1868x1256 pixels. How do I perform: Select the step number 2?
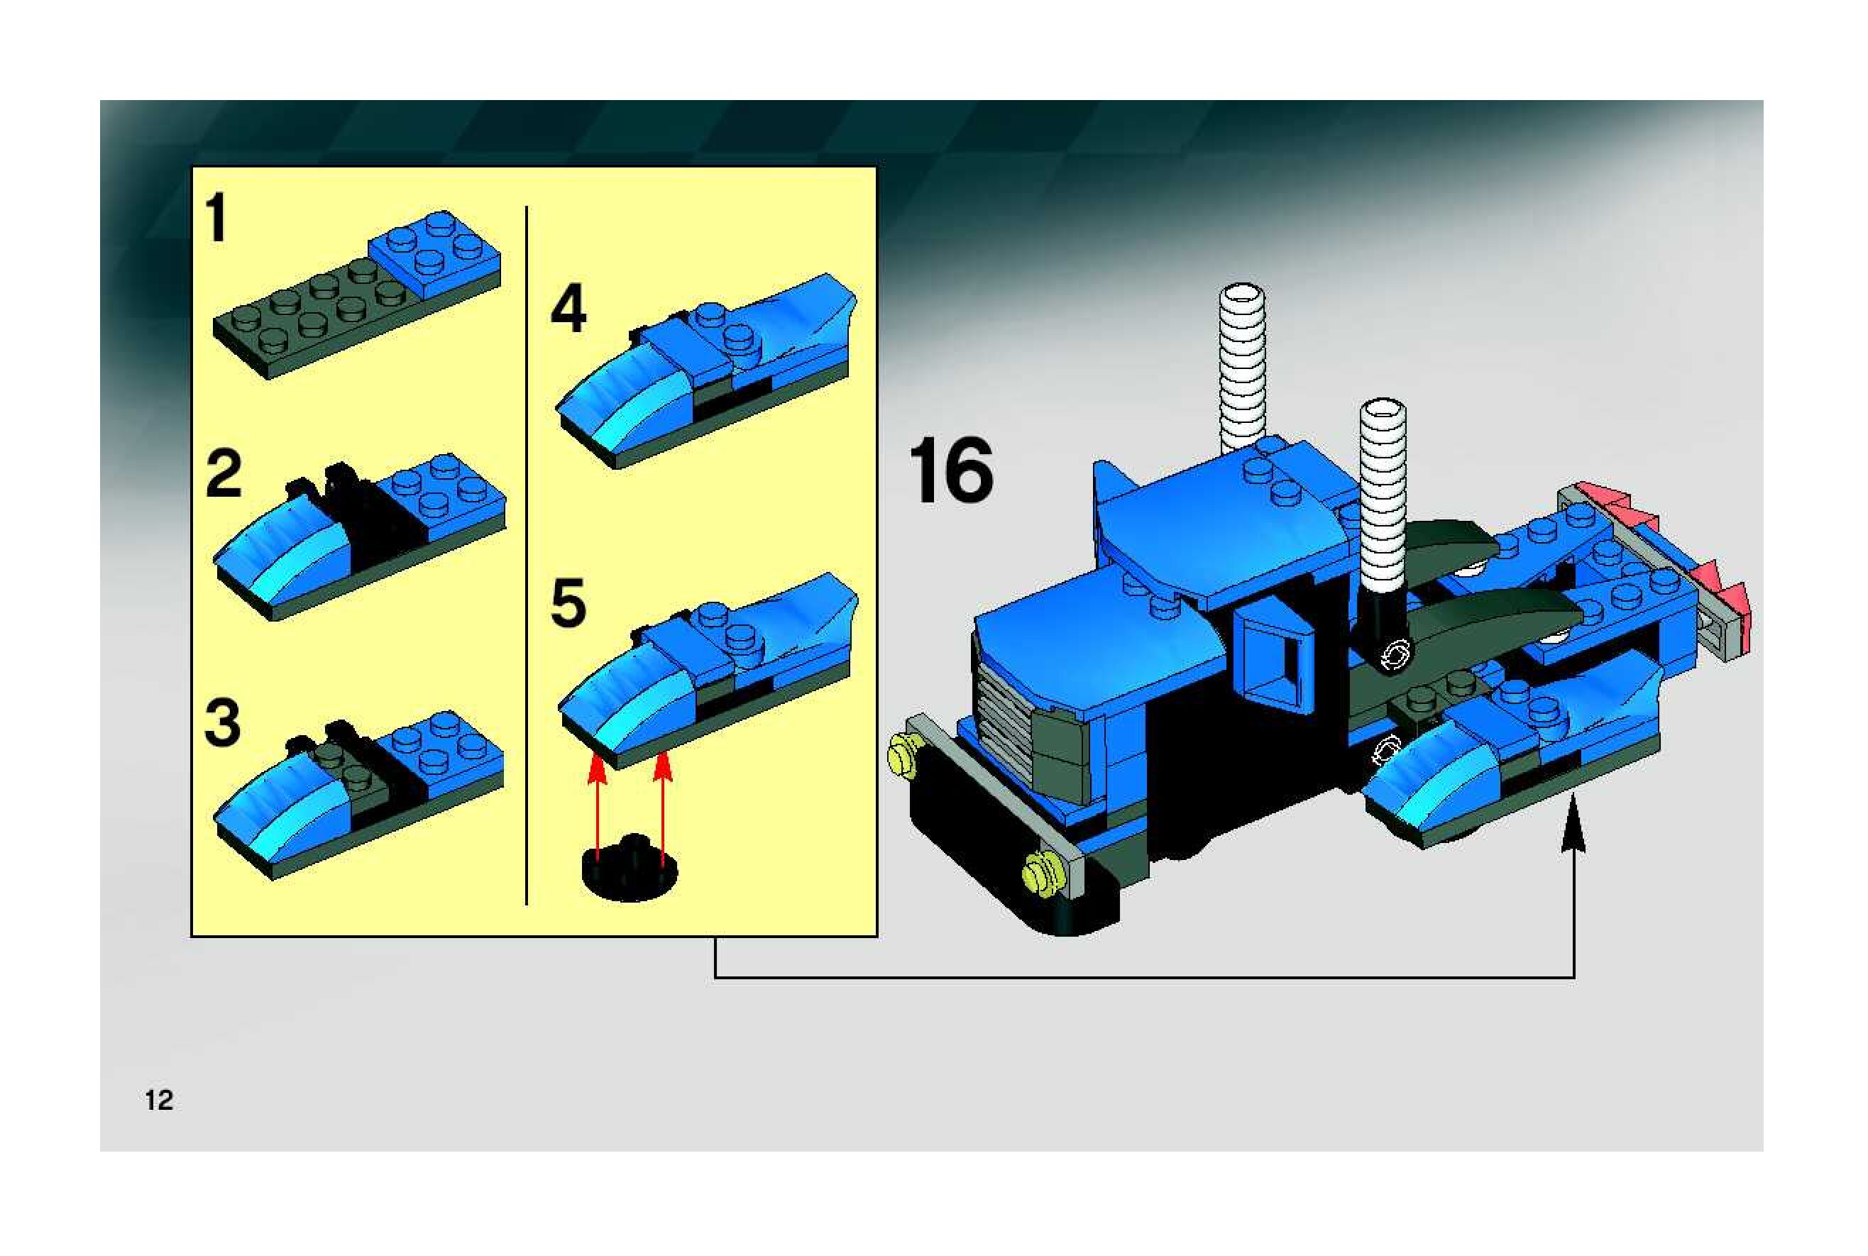point(224,474)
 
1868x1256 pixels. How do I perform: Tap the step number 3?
point(223,722)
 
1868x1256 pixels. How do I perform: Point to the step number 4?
point(568,310)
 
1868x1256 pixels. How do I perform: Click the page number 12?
point(158,1101)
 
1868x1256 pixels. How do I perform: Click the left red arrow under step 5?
point(596,809)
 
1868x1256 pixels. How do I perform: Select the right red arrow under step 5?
point(661,809)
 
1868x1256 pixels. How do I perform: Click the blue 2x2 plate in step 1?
point(435,250)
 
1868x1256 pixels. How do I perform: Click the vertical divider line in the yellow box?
point(527,555)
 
